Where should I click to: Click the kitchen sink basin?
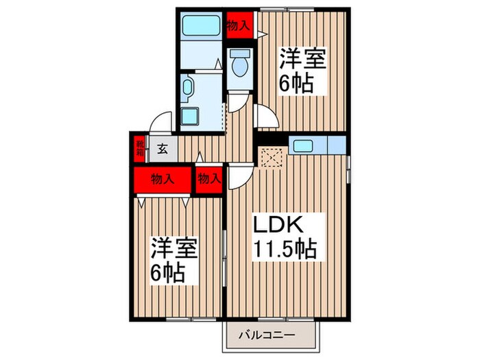click(x=302, y=145)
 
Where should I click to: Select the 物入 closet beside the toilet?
click(x=237, y=26)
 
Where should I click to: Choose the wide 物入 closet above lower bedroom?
click(x=163, y=180)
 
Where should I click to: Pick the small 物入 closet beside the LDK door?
click(x=209, y=180)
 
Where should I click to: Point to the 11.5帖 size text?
click(x=286, y=249)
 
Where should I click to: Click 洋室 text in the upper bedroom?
click(x=302, y=60)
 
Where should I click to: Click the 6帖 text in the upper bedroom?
click(x=296, y=84)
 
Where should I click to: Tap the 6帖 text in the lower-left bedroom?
click(x=169, y=272)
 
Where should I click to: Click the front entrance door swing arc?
click(x=160, y=121)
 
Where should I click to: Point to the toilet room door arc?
click(x=238, y=104)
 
